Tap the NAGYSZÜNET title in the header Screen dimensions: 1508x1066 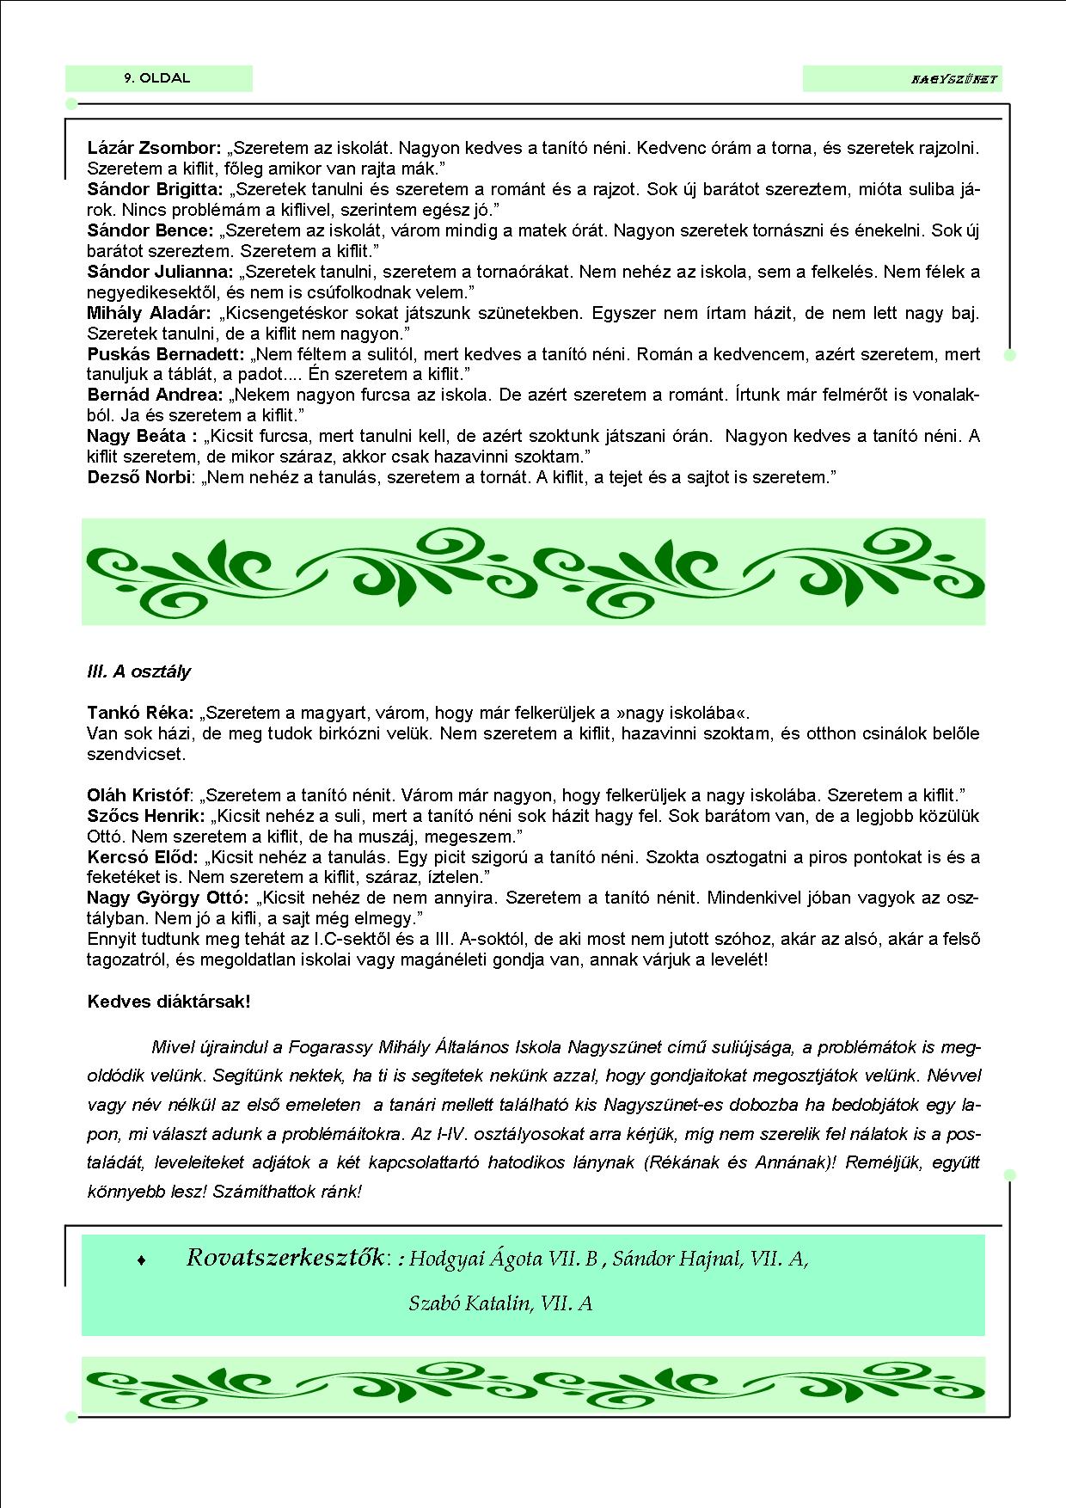(x=953, y=79)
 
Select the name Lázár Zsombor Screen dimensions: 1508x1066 (x=154, y=148)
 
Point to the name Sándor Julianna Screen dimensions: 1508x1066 (x=160, y=272)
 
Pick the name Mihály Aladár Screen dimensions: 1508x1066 (x=149, y=313)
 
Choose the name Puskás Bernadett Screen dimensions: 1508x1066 (x=166, y=354)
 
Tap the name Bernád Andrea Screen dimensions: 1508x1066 (x=155, y=395)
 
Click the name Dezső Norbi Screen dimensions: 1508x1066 (x=138, y=477)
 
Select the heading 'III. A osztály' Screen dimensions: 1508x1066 (x=139, y=671)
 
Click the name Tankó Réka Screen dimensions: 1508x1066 (x=140, y=713)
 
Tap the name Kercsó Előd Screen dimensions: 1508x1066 (x=142, y=857)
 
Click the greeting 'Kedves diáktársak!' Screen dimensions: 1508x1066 (x=168, y=1002)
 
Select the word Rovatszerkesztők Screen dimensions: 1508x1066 (x=285, y=1258)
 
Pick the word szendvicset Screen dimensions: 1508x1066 (x=136, y=755)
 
